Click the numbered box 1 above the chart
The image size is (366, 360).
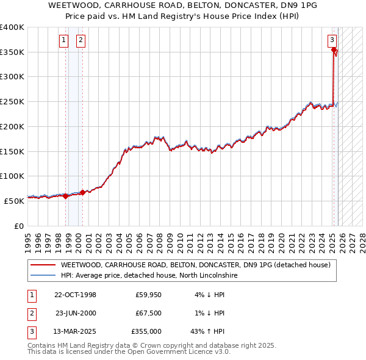64,41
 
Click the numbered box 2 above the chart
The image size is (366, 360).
81,41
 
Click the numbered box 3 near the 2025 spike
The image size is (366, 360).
332,41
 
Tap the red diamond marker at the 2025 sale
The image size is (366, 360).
334,50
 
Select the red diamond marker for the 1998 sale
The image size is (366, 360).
66,196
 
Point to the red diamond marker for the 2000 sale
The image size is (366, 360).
83,192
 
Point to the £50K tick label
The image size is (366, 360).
14,201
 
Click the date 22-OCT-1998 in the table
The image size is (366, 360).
75,295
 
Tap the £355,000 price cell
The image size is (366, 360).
146,331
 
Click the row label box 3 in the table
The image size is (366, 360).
30,331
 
